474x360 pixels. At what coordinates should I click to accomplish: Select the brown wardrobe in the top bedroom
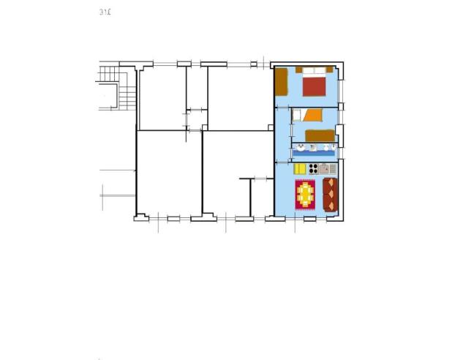(x=281, y=82)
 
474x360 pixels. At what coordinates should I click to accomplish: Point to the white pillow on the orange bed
(x=297, y=115)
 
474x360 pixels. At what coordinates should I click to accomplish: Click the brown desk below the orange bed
(x=320, y=135)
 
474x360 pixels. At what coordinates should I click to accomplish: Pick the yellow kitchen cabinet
(x=300, y=169)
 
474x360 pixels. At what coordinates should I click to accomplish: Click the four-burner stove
(x=312, y=169)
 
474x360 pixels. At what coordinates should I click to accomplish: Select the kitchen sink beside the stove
(x=327, y=169)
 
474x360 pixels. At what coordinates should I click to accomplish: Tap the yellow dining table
(x=305, y=194)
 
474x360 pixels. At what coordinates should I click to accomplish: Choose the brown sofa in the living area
(x=329, y=194)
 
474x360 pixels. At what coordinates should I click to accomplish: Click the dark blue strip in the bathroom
(x=315, y=153)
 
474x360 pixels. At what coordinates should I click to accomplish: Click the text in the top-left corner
(x=105, y=12)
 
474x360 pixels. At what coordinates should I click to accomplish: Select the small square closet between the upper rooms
(x=196, y=119)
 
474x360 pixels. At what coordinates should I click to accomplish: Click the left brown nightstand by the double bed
(x=298, y=70)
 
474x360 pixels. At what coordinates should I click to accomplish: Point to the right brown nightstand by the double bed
(x=330, y=70)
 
